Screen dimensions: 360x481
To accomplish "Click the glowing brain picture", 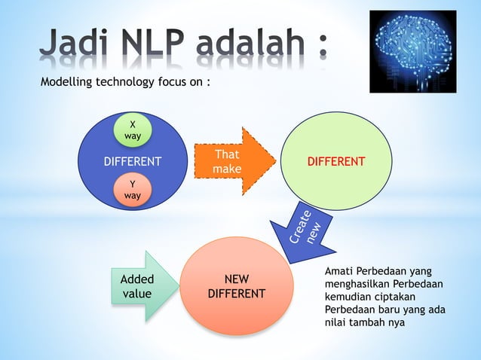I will (x=413, y=51).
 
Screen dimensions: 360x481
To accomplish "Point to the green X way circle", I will (x=133, y=130).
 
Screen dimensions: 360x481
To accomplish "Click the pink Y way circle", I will (x=133, y=190).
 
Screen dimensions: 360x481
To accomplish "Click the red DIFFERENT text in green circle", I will (x=335, y=162).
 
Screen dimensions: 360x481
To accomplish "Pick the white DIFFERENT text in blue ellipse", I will (x=132, y=162).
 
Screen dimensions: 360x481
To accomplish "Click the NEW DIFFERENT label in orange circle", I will (x=236, y=286).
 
